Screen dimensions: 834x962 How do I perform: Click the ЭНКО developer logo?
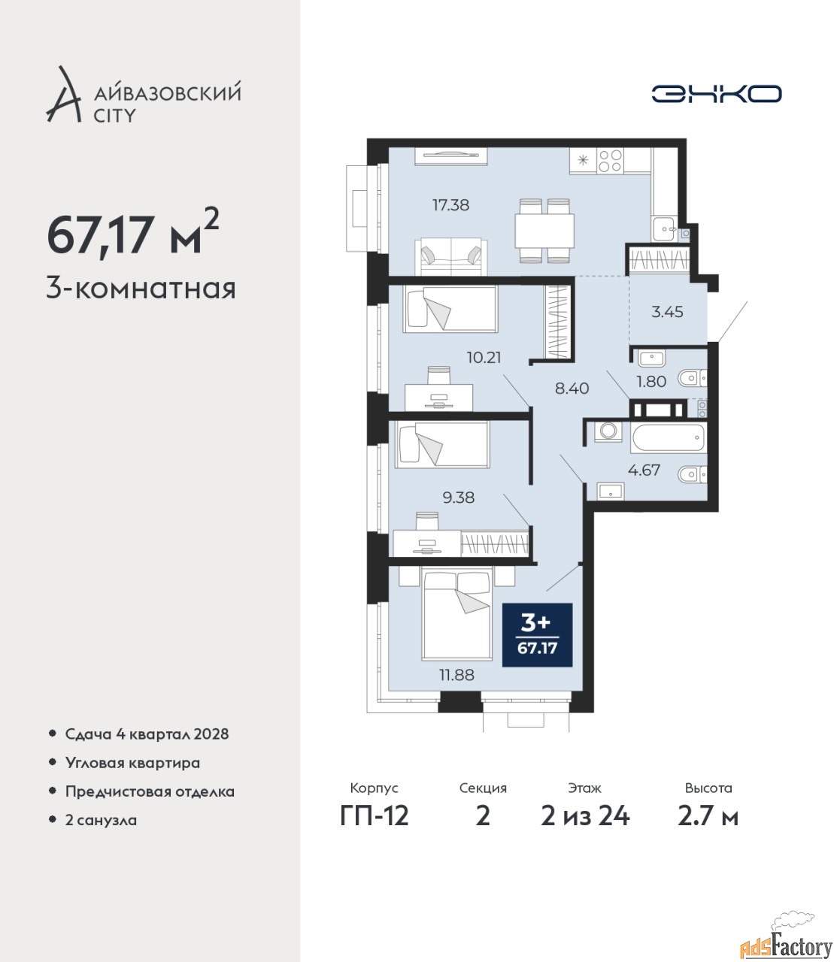[716, 93]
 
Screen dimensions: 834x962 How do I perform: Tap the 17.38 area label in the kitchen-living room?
[450, 204]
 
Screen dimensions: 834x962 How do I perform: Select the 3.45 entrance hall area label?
[667, 312]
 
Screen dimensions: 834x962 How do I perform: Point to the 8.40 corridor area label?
[572, 388]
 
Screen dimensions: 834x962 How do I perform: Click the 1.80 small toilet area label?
[651, 382]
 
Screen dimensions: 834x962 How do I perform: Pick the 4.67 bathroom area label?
[644, 470]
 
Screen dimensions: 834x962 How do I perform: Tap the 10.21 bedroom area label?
[484, 358]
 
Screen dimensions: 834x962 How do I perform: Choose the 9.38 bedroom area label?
[459, 498]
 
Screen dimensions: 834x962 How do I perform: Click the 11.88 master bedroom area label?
[456, 675]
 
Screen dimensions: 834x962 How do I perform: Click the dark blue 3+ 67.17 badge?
[538, 635]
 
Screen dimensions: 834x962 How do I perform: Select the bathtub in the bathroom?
[669, 437]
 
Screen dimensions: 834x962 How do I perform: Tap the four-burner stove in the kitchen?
[610, 161]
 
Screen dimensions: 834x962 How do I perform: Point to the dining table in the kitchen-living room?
[544, 231]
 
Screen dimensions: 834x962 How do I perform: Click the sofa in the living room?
[452, 256]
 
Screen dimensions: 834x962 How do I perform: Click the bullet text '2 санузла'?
[101, 820]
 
